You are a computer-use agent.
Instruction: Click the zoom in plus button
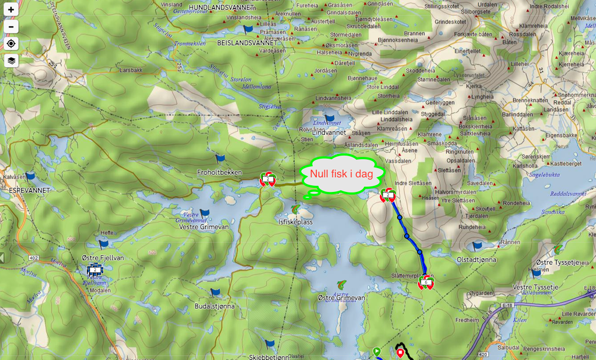[x=11, y=10]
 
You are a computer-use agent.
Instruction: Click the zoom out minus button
[x=11, y=27]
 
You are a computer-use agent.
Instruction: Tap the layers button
[x=11, y=60]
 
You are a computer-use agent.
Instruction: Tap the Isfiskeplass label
[x=296, y=222]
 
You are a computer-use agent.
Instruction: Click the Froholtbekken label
[x=219, y=172]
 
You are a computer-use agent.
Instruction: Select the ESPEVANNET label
[x=29, y=190]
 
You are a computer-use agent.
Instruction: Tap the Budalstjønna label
[x=215, y=306]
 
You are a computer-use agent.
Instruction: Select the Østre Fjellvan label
[x=103, y=258]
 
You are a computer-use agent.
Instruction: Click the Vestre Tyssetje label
[x=535, y=287]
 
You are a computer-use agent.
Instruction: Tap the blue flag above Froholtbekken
[x=220, y=159]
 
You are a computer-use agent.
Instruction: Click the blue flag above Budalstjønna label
[x=216, y=292]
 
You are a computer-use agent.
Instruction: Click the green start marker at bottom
[x=377, y=352]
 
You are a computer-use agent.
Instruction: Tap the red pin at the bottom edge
[x=401, y=353]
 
